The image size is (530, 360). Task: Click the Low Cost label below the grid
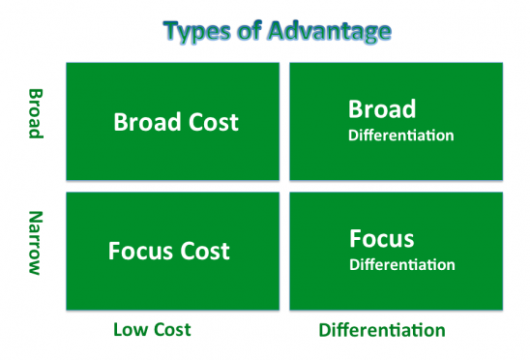pos(152,329)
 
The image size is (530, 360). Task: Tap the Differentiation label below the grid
pos(382,330)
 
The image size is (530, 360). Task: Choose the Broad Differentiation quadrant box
pos(396,121)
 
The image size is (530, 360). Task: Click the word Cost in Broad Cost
pos(214,123)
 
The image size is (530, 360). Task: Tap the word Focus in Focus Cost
pos(139,251)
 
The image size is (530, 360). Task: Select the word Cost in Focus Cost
pos(203,251)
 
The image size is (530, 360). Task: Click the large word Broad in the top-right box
pos(383,109)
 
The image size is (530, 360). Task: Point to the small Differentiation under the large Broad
pos(400,135)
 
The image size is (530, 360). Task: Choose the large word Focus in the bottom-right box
pos(382,238)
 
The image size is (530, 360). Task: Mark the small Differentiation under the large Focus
pos(400,263)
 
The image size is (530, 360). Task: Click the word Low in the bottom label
pos(130,329)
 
